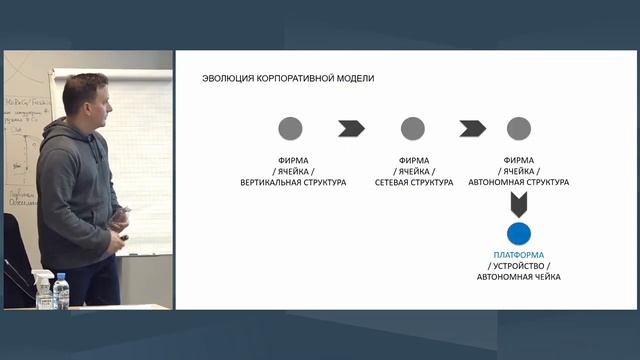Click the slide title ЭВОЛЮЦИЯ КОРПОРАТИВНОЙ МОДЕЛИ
pyautogui.click(x=288, y=78)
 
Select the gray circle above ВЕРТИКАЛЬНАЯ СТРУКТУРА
pyautogui.click(x=290, y=128)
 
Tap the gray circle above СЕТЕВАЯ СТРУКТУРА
pyautogui.click(x=412, y=128)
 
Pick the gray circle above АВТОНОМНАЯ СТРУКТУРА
pyautogui.click(x=518, y=128)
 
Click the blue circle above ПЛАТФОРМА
pyautogui.click(x=518, y=234)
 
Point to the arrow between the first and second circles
pyautogui.click(x=351, y=128)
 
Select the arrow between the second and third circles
pyautogui.click(x=472, y=128)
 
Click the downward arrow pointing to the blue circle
pyautogui.click(x=518, y=205)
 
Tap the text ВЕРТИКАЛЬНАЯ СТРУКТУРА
pyautogui.click(x=293, y=182)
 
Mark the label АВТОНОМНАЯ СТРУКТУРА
pyautogui.click(x=518, y=182)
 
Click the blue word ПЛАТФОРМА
pyautogui.click(x=518, y=255)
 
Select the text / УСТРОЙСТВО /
pyautogui.click(x=518, y=265)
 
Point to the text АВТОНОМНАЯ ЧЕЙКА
pyautogui.click(x=518, y=276)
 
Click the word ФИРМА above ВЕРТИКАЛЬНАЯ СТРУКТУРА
pyautogui.click(x=293, y=160)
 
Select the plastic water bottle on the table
pyautogui.click(x=61, y=292)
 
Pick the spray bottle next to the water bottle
pyautogui.click(x=42, y=289)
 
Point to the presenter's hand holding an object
pyautogui.click(x=122, y=215)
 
